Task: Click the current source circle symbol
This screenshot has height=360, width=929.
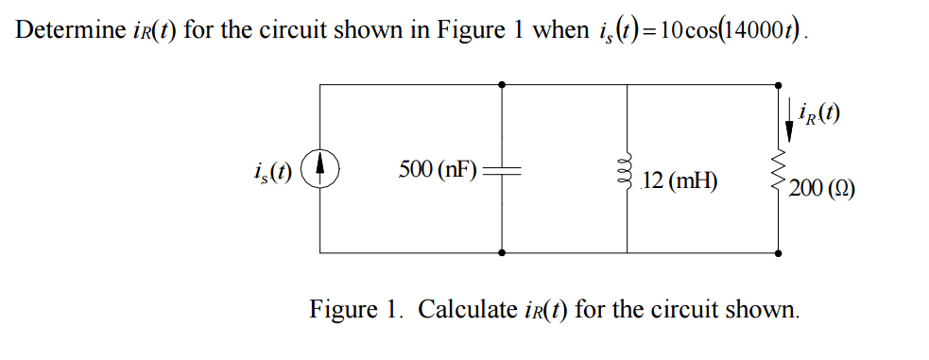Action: tap(321, 170)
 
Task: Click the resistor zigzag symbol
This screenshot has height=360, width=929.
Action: tap(782, 175)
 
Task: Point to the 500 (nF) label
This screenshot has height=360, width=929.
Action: tap(438, 169)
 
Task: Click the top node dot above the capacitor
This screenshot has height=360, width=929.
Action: tap(501, 84)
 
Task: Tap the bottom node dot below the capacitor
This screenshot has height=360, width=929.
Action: tap(501, 253)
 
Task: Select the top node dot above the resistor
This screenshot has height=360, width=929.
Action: tap(782, 84)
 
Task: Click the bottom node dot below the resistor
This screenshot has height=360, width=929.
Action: tap(782, 253)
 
